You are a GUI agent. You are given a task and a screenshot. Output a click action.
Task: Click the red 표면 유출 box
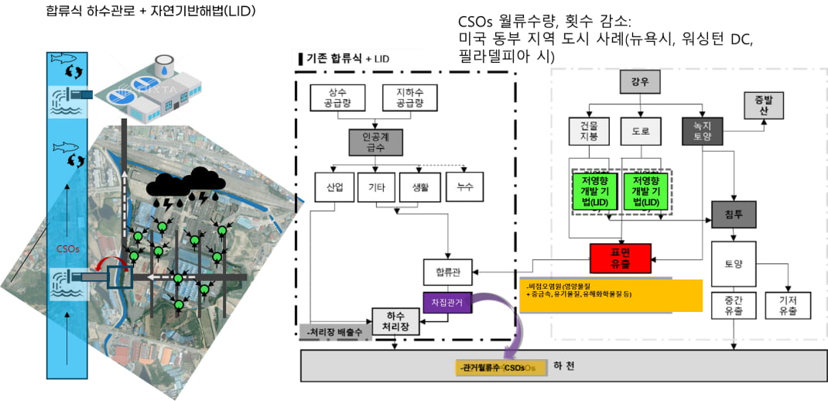(x=620, y=258)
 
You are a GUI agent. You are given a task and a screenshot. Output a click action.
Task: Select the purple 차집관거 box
(x=443, y=303)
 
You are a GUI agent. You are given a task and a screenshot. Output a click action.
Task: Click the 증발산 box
(x=758, y=105)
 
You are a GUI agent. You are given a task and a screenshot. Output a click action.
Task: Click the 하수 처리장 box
(x=397, y=321)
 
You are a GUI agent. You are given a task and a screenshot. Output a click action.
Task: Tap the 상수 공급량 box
(x=337, y=97)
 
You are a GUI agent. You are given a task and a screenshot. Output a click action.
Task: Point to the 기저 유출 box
(x=788, y=305)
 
